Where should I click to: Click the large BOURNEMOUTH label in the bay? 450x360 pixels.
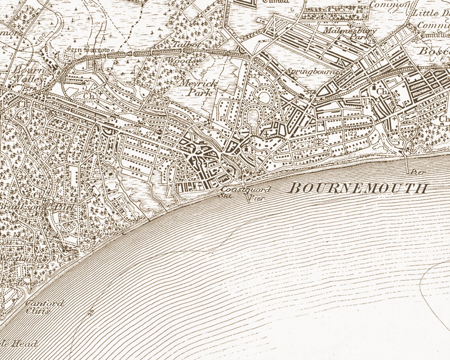(358, 188)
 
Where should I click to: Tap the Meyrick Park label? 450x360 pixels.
(198, 88)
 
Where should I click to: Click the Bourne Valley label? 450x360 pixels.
(28, 74)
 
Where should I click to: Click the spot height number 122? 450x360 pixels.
(352, 134)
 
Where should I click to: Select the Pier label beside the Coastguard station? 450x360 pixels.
(257, 198)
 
